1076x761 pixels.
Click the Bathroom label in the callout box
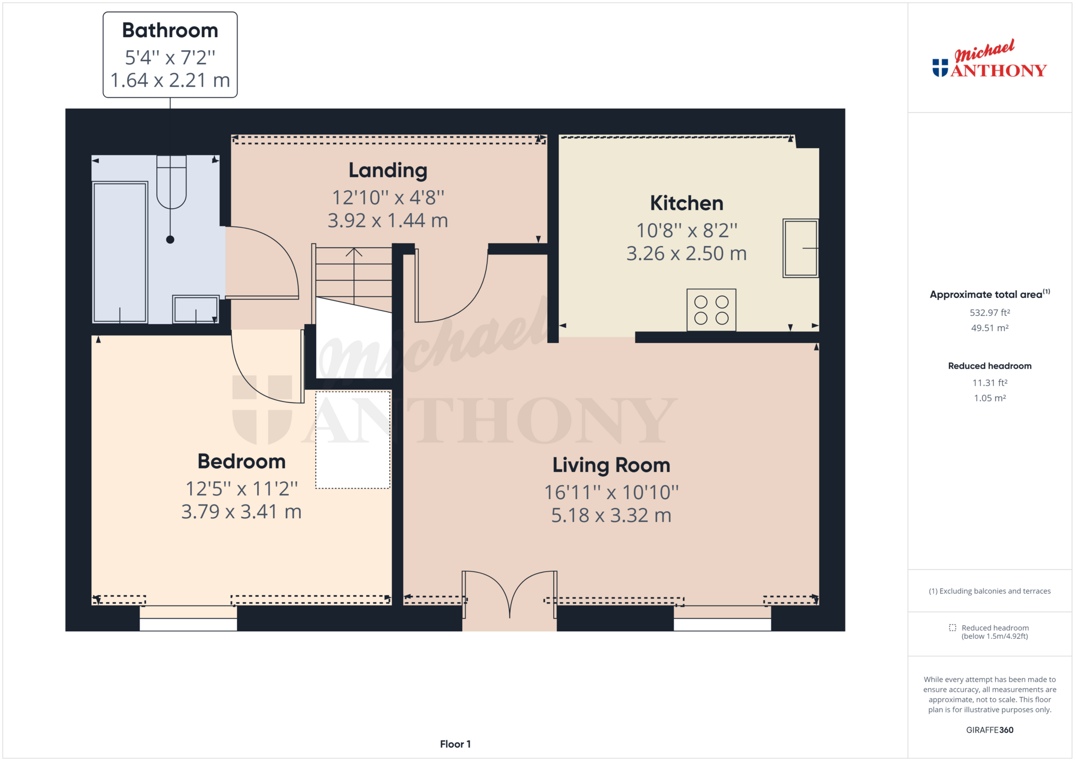coord(170,30)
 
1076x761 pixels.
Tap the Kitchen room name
coord(687,203)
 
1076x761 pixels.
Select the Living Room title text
coord(611,465)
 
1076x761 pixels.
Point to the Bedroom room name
coord(241,461)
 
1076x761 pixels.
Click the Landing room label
coord(388,170)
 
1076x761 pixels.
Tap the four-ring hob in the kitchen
coord(711,310)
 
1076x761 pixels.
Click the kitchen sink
coord(801,248)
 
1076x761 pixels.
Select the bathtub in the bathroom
coord(120,252)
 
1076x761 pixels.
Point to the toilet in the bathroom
coord(171,182)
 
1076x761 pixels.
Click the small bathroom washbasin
coord(196,309)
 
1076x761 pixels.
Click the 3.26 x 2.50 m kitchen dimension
coord(687,253)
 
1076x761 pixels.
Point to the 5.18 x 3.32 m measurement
coord(611,515)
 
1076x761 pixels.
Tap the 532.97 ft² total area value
coord(989,313)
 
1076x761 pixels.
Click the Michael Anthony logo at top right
coord(989,59)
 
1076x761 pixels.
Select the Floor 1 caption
coord(455,744)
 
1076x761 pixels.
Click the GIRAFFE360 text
coord(989,730)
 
